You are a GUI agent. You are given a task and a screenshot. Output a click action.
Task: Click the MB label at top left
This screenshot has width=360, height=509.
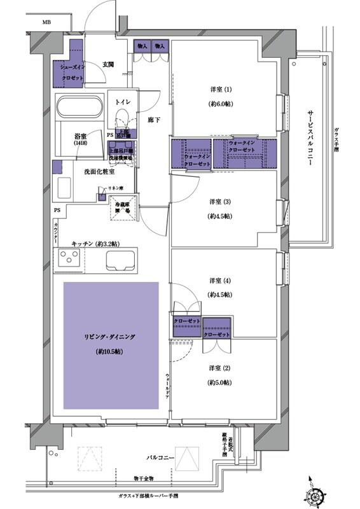46,22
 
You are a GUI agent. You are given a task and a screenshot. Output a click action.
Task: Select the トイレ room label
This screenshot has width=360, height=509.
123,102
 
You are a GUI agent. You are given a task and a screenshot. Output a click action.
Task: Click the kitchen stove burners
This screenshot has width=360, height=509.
68,259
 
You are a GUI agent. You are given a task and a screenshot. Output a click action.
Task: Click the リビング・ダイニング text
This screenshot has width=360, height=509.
110,336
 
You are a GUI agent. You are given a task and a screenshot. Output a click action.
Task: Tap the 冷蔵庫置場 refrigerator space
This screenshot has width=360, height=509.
123,207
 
